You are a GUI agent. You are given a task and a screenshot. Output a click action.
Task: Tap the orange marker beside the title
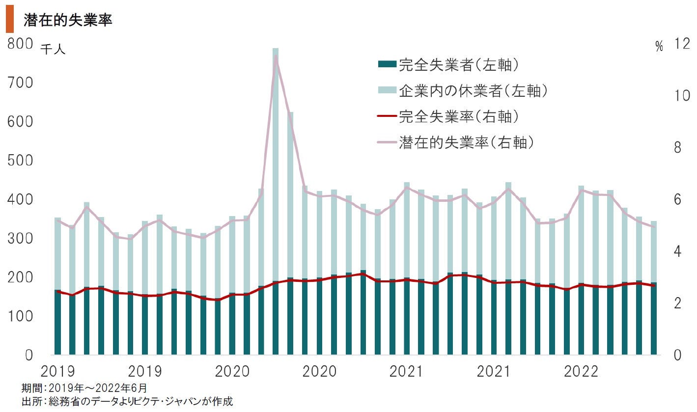click(10, 21)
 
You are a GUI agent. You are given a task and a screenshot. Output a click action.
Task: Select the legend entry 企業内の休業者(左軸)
click(462, 90)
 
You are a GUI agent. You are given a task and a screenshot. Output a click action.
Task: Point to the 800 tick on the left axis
click(20, 44)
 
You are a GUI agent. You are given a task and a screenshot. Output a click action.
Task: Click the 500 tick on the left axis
click(20, 161)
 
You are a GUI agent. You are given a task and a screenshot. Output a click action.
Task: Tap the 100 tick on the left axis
click(20, 317)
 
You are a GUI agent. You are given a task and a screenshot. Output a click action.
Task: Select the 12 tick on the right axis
click(683, 44)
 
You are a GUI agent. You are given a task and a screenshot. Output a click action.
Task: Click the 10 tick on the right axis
click(683, 95)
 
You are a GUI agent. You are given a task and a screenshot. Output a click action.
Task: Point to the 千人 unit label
click(53, 49)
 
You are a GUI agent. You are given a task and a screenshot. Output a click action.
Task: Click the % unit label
click(659, 47)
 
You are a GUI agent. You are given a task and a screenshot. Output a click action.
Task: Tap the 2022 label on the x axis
click(581, 371)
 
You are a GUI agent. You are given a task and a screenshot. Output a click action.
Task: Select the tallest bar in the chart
click(276, 196)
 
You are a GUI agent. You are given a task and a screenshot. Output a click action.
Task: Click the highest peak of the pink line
click(276, 56)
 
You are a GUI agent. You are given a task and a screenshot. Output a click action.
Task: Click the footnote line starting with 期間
click(84, 387)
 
